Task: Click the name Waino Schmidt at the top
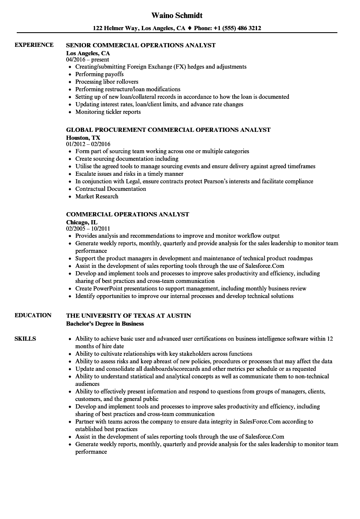(177, 15)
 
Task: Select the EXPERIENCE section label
(34, 45)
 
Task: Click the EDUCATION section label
(33, 315)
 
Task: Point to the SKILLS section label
(25, 339)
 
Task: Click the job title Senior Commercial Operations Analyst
(141, 45)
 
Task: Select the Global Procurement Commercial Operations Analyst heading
(168, 130)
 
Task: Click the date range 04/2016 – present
(87, 59)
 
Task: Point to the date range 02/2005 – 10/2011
(88, 229)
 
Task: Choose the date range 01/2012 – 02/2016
(88, 144)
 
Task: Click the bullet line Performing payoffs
(99, 74)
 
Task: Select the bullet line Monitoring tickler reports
(108, 112)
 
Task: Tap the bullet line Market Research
(97, 196)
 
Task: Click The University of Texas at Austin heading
(129, 316)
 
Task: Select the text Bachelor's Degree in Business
(105, 324)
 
